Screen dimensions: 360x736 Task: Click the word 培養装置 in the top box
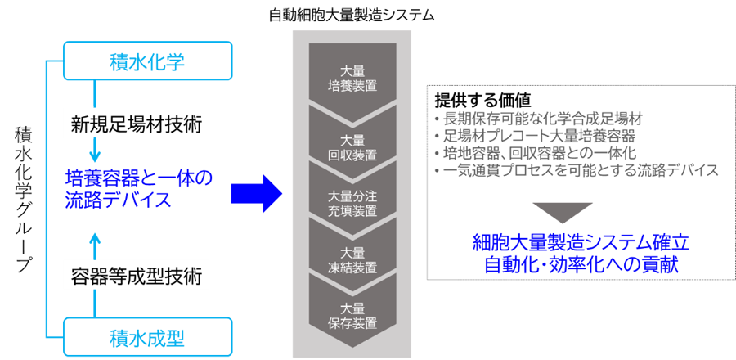(x=352, y=83)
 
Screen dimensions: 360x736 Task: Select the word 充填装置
(x=352, y=210)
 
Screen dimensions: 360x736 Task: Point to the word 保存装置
(x=352, y=323)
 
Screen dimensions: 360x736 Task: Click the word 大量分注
(x=352, y=195)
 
